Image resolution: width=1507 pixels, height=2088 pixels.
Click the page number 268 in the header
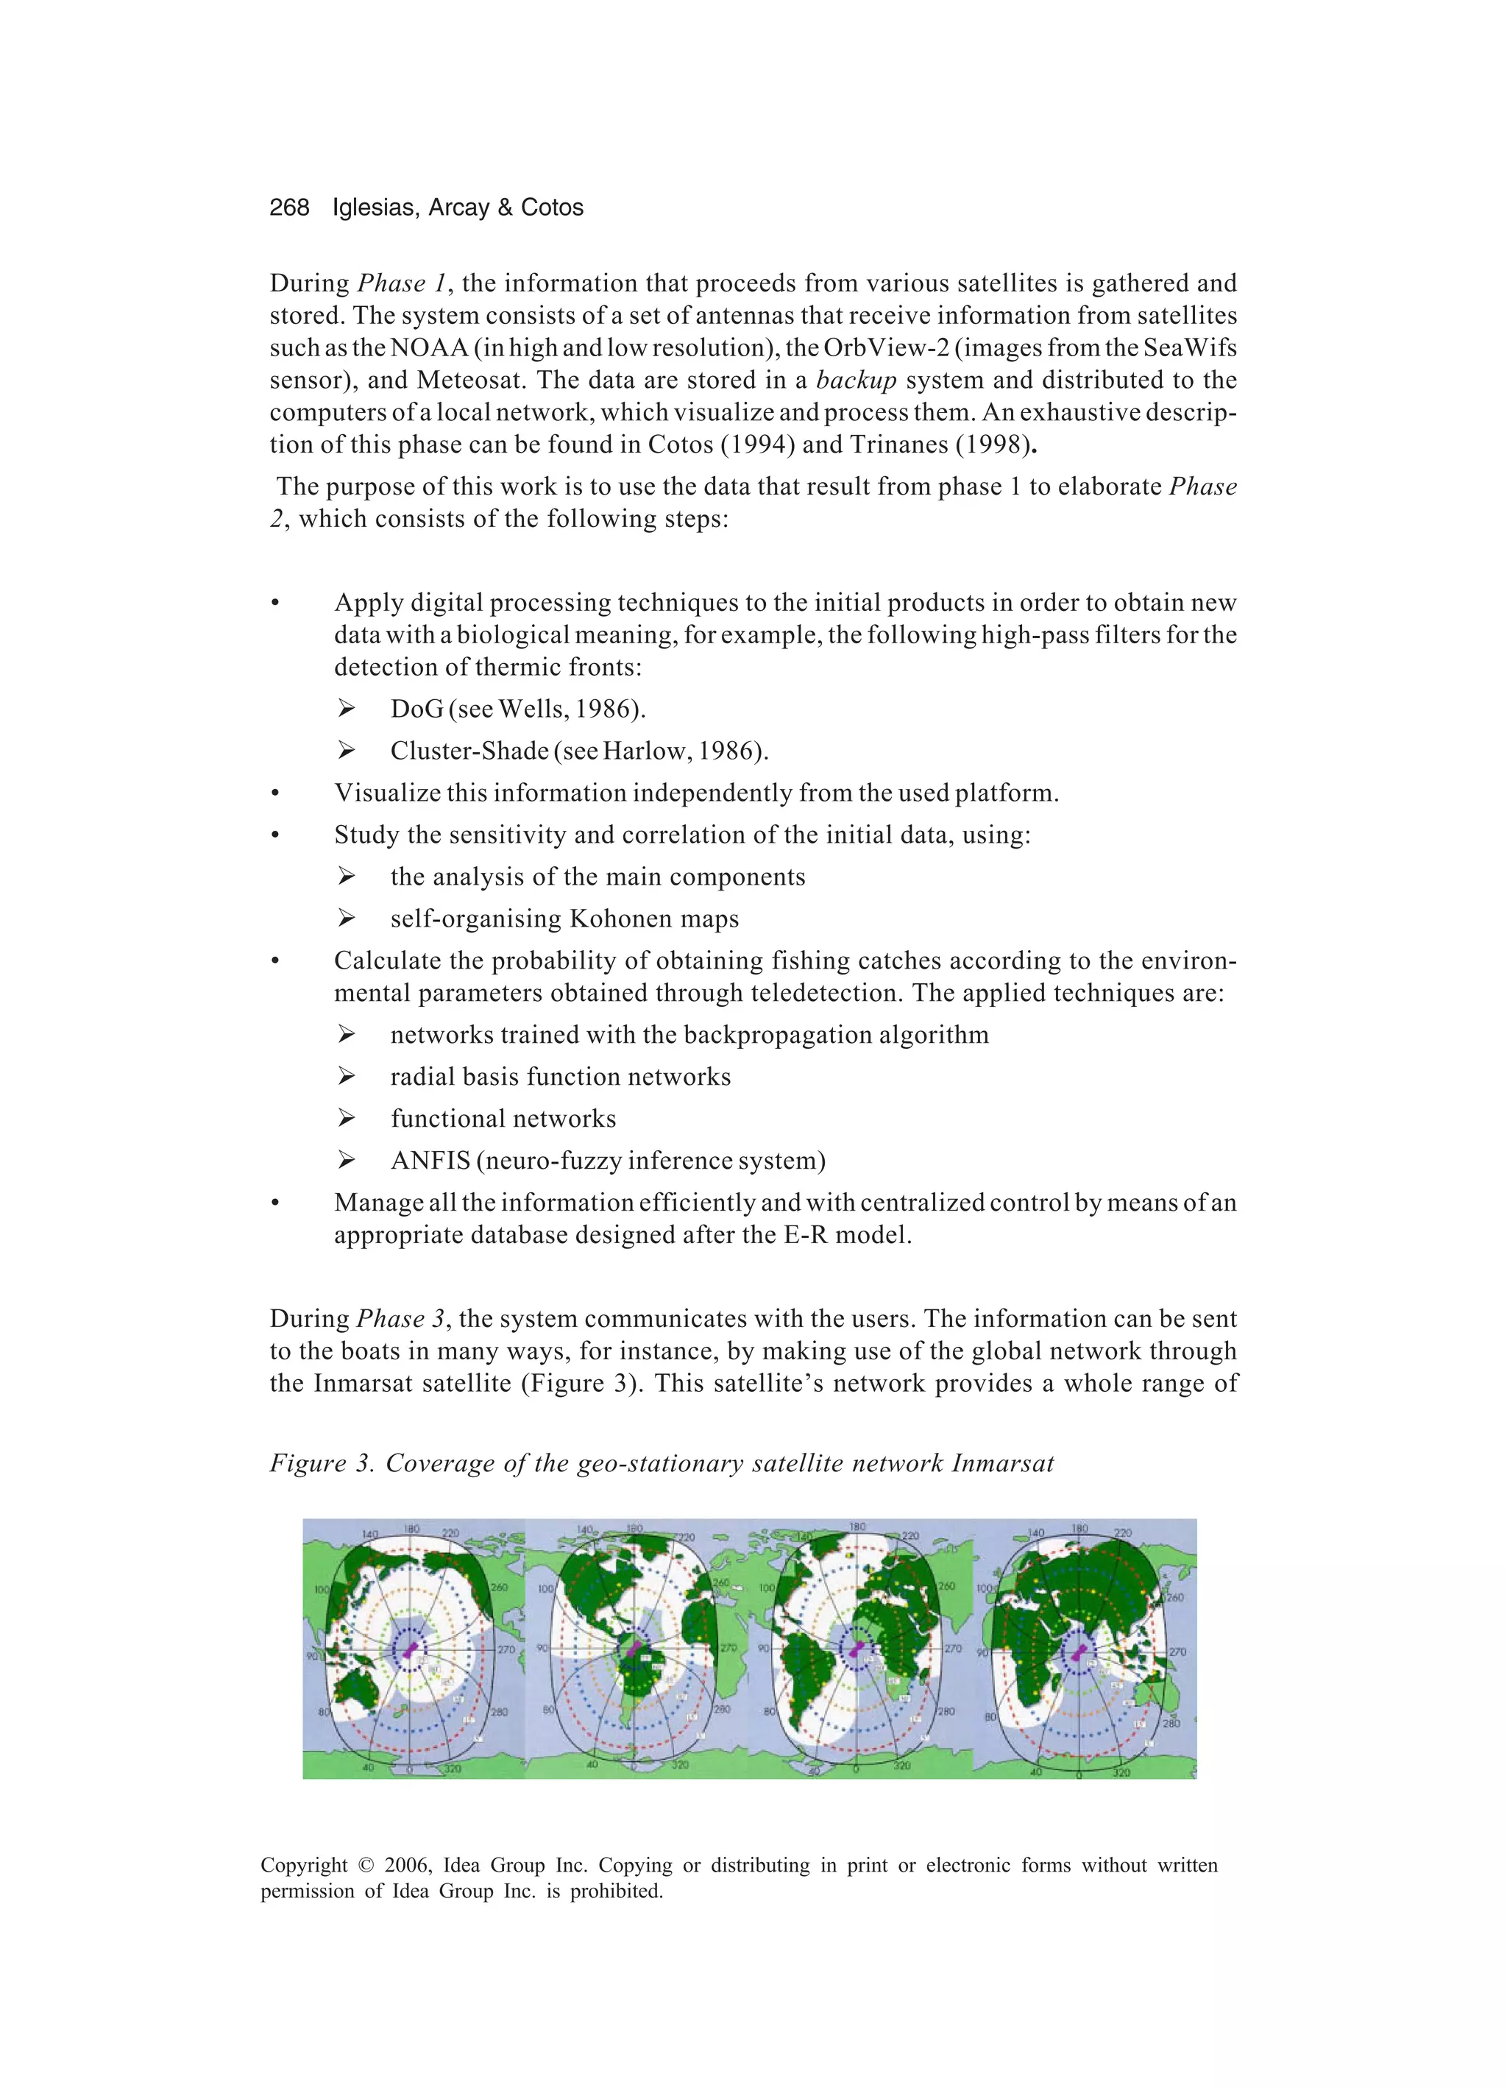coord(289,208)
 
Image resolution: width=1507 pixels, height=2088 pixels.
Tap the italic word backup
coord(855,381)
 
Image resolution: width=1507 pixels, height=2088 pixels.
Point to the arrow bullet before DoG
coord(346,709)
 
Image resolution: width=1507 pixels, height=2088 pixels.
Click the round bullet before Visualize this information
coord(274,793)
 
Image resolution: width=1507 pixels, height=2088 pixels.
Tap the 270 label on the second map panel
coord(727,1647)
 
